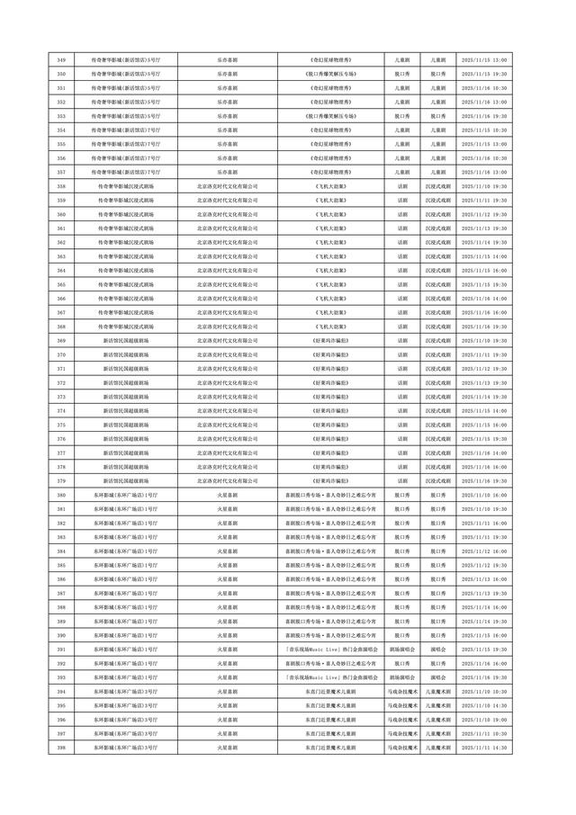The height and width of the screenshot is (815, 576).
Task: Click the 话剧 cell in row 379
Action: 402,480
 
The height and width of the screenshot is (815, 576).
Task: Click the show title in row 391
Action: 330,649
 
